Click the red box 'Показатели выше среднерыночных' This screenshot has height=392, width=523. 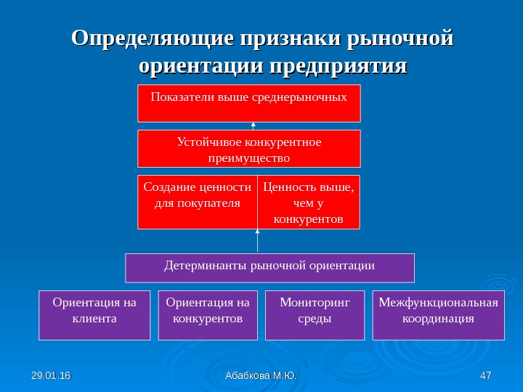(248, 103)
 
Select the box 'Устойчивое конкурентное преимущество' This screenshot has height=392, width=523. (248, 149)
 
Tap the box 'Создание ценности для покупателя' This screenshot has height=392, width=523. (198, 202)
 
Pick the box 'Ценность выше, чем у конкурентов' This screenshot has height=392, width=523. (309, 202)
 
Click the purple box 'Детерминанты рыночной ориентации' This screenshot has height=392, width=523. (269, 267)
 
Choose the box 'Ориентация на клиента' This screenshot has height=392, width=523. (94, 315)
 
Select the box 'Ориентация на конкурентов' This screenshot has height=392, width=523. (208, 315)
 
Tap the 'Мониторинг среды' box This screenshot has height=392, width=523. (315, 315)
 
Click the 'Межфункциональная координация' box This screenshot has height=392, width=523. (438, 315)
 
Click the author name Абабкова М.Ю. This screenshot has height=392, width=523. (261, 375)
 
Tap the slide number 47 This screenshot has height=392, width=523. (486, 375)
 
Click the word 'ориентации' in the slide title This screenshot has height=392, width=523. (201, 67)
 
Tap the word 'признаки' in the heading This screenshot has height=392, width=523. (292, 38)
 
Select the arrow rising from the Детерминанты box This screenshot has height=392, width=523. (258, 241)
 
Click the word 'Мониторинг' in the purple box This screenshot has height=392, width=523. (315, 302)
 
